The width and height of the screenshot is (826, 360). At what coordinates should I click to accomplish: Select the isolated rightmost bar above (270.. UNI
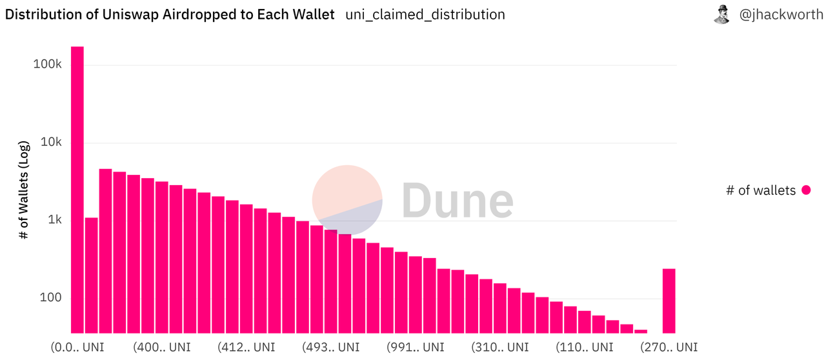point(669,301)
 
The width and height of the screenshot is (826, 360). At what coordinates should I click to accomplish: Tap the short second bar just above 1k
point(91,275)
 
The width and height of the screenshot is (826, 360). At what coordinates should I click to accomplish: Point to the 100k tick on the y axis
point(48,65)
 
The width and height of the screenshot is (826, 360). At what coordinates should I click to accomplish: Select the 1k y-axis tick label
point(55,220)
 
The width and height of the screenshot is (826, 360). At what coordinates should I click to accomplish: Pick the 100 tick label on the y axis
point(52,298)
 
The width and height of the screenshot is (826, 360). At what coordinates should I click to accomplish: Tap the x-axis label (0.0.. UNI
point(77,347)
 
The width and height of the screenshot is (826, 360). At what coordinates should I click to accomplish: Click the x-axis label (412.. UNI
point(247,347)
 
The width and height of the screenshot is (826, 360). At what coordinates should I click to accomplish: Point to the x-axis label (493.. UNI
point(331,347)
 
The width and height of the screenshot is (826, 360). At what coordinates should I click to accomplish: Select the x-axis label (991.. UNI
point(416,347)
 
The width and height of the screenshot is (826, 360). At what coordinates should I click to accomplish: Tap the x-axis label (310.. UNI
point(500,347)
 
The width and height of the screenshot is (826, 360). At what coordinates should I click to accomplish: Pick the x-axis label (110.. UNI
point(585,347)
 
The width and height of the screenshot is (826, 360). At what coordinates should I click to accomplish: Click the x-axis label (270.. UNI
point(669,347)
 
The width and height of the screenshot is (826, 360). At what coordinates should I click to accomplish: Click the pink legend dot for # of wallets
point(805,190)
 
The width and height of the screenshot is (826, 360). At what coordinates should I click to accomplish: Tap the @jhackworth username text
point(781,14)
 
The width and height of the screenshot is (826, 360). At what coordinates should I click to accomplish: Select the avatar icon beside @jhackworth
point(721,14)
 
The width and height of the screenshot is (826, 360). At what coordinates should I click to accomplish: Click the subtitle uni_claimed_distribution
point(425,14)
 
